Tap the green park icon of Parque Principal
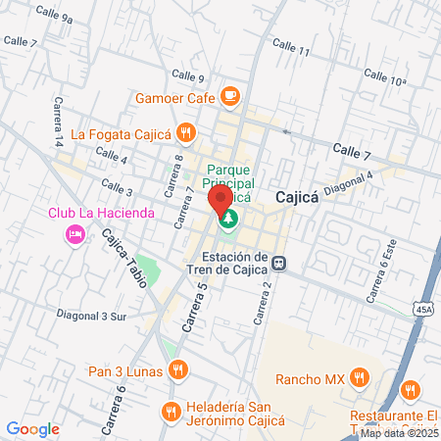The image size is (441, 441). click(x=227, y=219)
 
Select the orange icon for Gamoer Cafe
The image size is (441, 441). click(x=230, y=96)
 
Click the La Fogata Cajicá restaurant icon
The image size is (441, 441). click(x=187, y=131)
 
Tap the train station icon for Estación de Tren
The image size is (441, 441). click(x=280, y=263)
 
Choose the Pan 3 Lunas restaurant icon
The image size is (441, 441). click(x=177, y=368)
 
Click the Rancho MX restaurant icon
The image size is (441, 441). click(x=361, y=375)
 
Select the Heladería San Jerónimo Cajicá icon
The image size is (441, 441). click(x=171, y=410)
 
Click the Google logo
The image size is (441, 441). click(x=32, y=428)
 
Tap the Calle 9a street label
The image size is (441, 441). click(x=53, y=17)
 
